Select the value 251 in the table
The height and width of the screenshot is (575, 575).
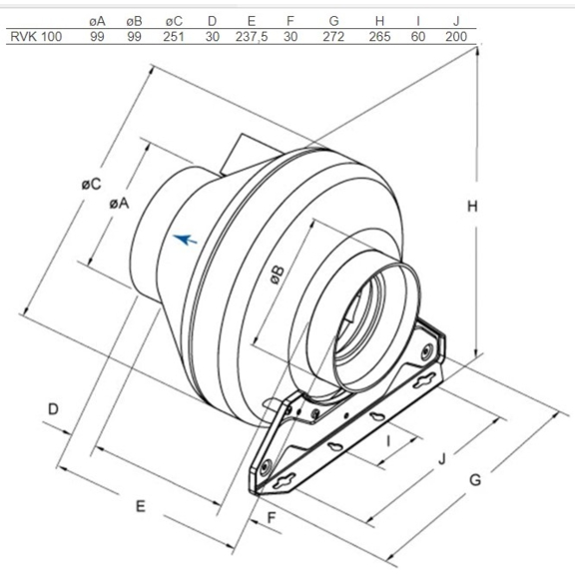(x=175, y=37)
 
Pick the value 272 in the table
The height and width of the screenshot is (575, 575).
(x=333, y=37)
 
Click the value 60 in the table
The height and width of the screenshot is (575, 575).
(x=417, y=37)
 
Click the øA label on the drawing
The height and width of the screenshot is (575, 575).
(x=118, y=202)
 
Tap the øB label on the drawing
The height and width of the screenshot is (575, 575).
(x=280, y=275)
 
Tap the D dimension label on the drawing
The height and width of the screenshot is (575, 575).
(x=55, y=409)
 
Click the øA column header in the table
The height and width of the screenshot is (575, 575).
(x=97, y=20)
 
